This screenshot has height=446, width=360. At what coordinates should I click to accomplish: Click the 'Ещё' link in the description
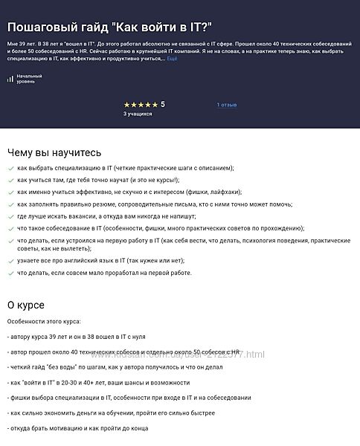[172, 57]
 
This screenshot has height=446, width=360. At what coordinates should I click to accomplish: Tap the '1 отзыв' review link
[227, 105]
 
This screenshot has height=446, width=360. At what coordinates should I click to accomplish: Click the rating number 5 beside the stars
[163, 105]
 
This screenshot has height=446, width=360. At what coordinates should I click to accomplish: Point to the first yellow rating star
[126, 105]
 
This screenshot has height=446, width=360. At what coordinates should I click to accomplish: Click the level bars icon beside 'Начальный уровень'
[10, 78]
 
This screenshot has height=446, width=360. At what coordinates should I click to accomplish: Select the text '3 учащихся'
[138, 114]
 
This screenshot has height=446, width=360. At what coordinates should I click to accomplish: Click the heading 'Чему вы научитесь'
[54, 152]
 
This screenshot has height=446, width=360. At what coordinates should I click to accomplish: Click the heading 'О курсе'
[25, 305]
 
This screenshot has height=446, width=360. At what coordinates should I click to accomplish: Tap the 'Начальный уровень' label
[30, 78]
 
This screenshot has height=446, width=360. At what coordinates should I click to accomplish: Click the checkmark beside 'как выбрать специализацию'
[10, 169]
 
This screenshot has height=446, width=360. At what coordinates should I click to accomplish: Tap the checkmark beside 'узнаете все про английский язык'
[10, 261]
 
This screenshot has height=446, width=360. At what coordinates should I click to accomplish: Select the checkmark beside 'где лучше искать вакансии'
[10, 216]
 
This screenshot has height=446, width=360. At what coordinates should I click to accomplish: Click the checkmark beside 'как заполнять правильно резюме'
[10, 204]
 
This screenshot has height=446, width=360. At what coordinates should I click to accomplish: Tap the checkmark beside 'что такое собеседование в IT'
[10, 228]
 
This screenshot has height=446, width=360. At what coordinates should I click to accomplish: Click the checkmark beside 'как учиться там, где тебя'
[10, 181]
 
